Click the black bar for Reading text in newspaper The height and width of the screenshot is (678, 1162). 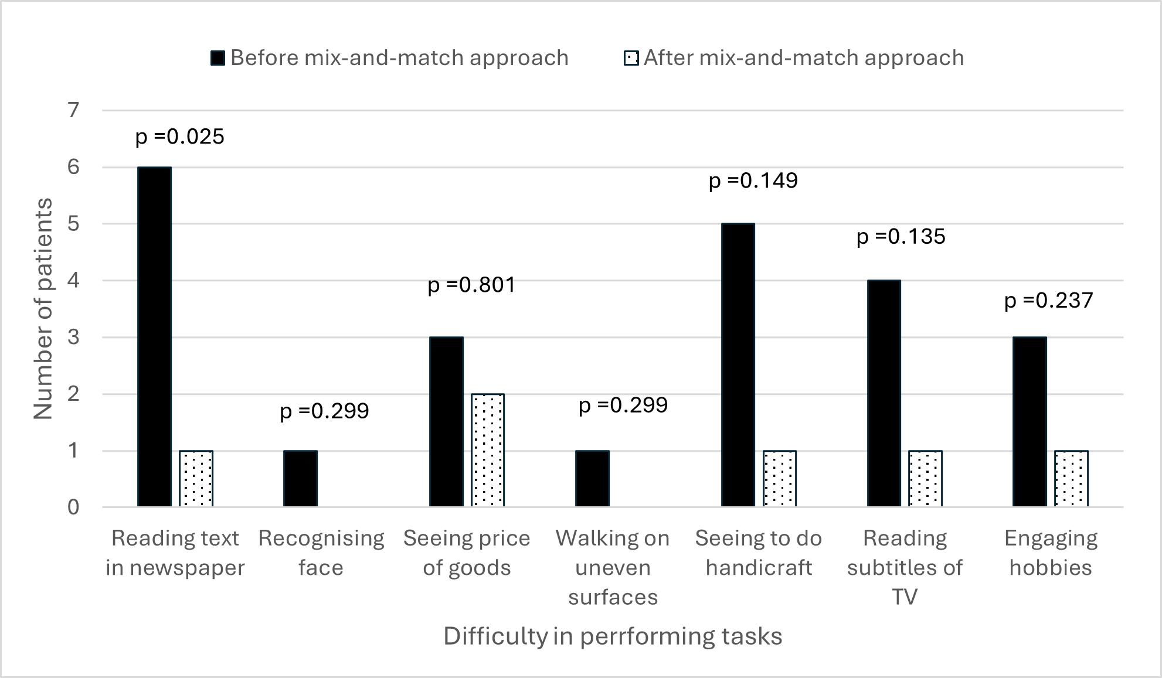[x=154, y=337]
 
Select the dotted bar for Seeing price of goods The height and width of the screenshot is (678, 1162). [x=488, y=450]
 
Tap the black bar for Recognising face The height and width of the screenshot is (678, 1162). [x=300, y=479]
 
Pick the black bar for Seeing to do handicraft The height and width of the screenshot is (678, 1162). [x=738, y=365]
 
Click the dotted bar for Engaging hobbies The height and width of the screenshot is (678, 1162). [x=1071, y=479]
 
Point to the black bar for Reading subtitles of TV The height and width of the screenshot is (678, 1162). [x=884, y=394]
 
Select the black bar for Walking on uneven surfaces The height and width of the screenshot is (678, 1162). [x=592, y=479]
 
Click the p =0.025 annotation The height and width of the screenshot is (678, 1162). [x=180, y=137]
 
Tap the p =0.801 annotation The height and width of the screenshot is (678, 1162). [x=471, y=285]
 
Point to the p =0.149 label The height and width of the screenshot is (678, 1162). [x=753, y=181]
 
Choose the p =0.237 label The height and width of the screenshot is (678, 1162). [x=1049, y=301]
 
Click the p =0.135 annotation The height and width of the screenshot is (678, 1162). [x=901, y=237]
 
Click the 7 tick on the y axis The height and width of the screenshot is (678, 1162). [x=74, y=110]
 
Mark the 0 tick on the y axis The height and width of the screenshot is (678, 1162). [x=74, y=507]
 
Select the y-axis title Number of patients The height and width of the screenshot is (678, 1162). [x=43, y=309]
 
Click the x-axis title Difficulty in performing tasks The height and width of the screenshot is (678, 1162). [x=613, y=636]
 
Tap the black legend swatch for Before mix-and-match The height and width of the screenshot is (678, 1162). [x=218, y=58]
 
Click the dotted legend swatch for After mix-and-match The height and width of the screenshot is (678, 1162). [x=631, y=58]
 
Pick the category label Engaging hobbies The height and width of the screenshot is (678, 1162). [x=1051, y=553]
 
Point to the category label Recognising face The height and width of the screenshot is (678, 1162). [x=321, y=553]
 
